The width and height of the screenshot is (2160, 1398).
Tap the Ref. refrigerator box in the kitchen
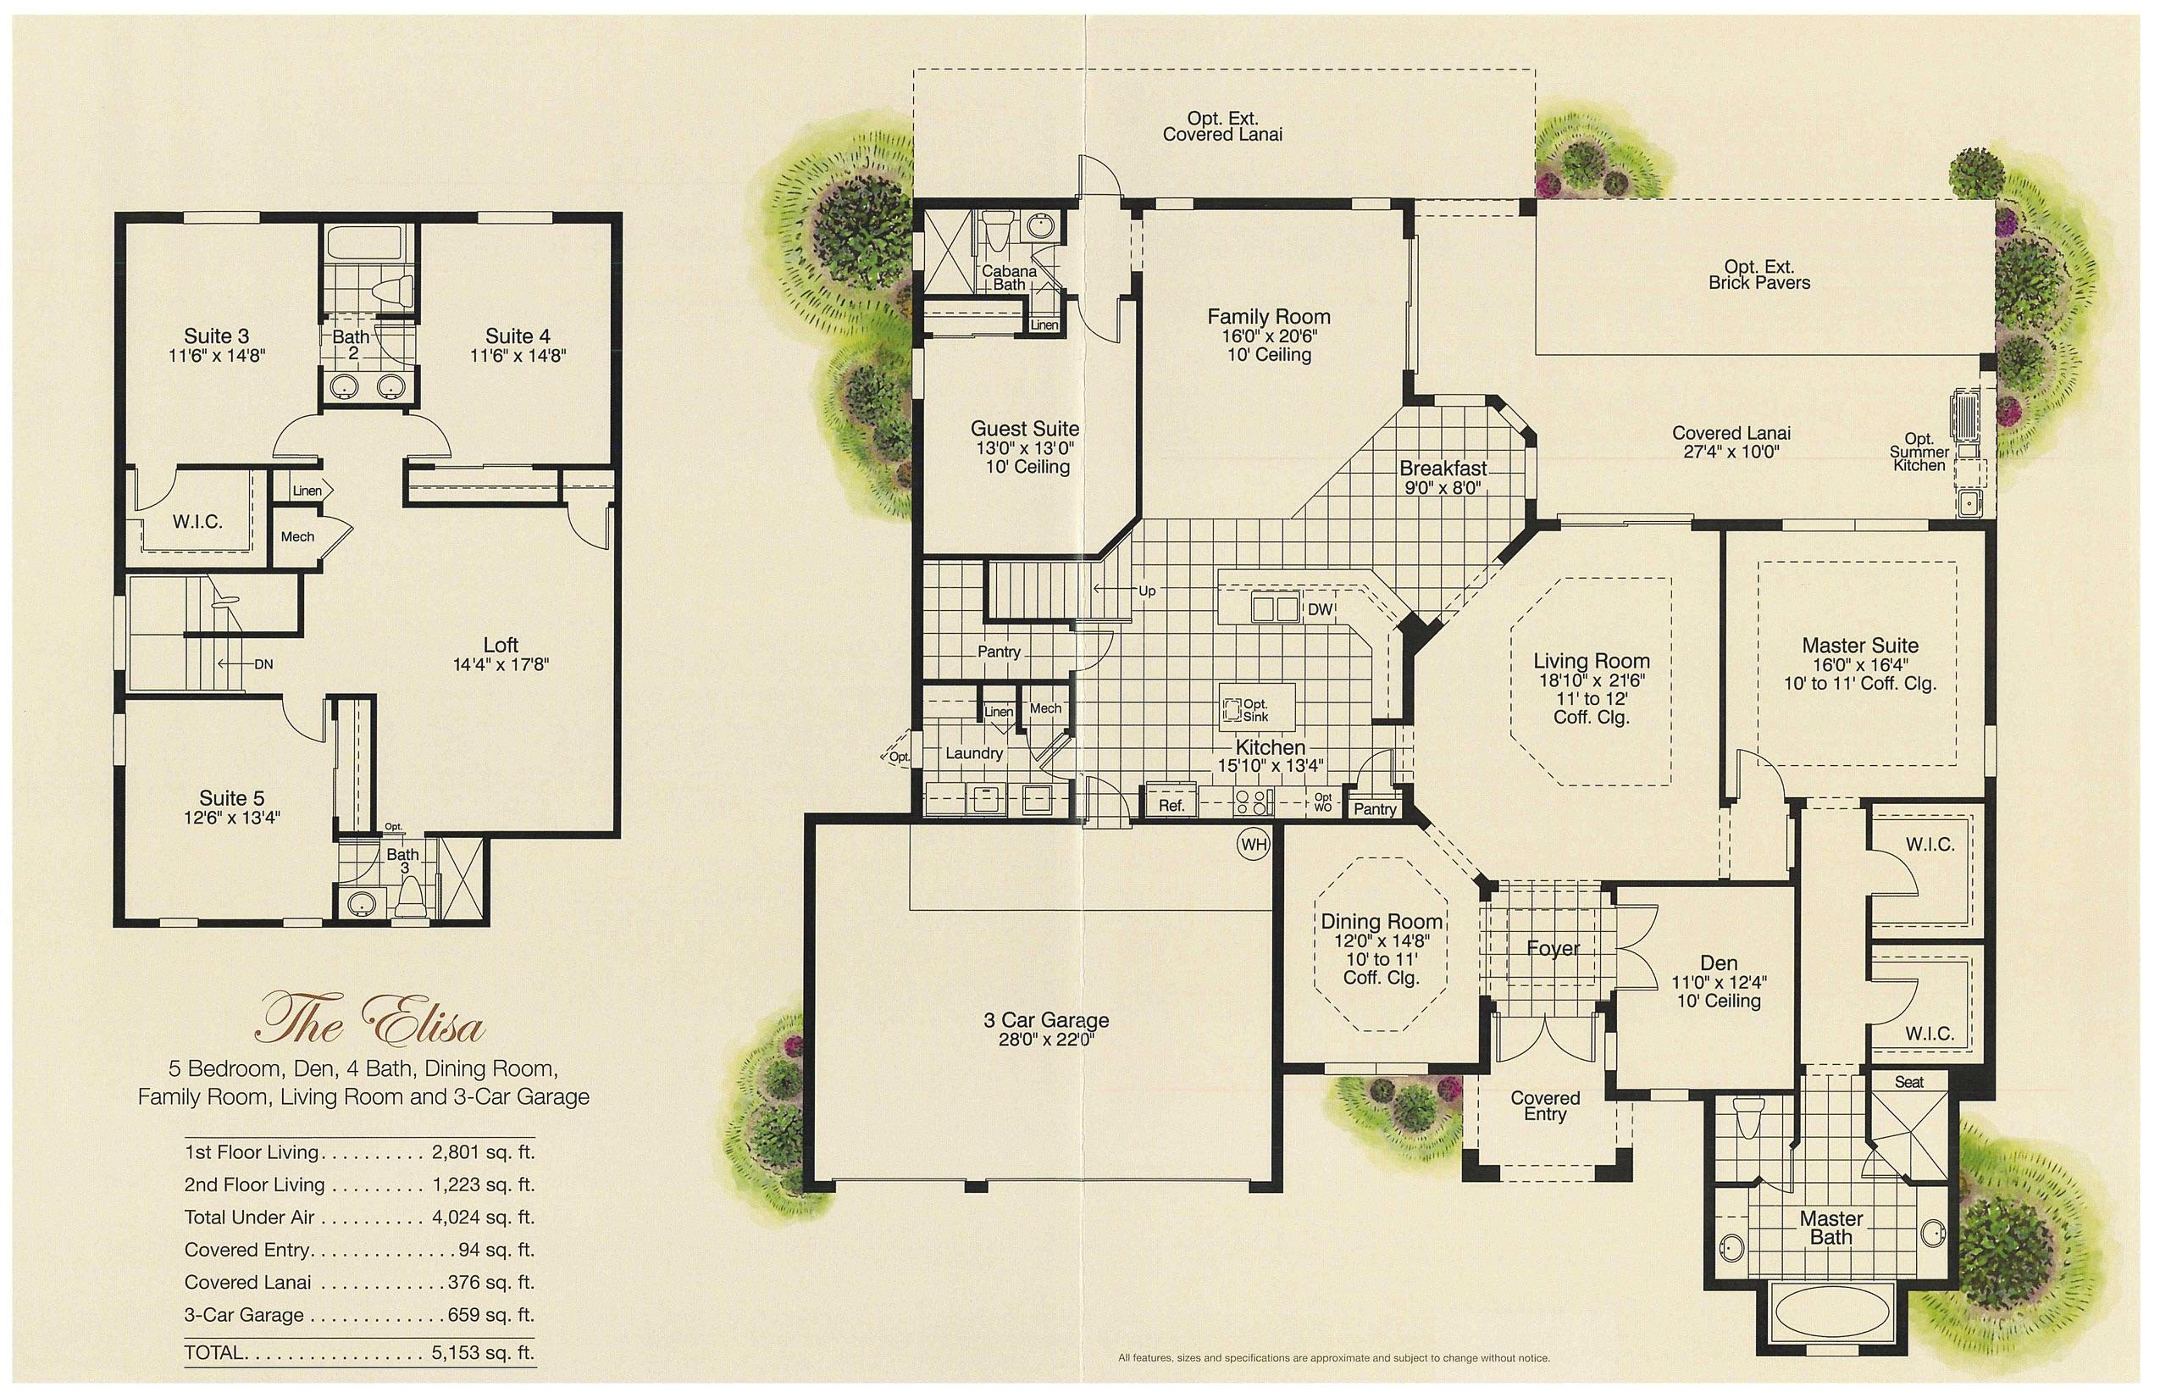pyautogui.click(x=1171, y=804)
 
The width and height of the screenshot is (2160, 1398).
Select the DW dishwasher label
pyautogui.click(x=1320, y=609)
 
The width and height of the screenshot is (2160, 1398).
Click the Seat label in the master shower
pyautogui.click(x=1908, y=1082)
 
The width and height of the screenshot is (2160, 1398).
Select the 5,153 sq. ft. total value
pyautogui.click(x=483, y=1351)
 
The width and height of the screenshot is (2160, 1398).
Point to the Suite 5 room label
pyautogui.click(x=231, y=798)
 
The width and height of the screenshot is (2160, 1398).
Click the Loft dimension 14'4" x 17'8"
pyautogui.click(x=501, y=664)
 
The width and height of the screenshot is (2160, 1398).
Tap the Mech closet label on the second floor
pyautogui.click(x=297, y=536)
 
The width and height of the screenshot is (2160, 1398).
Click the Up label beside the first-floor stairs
pyautogui.click(x=1147, y=591)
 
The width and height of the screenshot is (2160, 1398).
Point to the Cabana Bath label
pyautogui.click(x=1008, y=278)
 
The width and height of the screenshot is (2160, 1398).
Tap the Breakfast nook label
pyautogui.click(x=1443, y=469)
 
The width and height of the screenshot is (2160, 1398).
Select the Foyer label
pyautogui.click(x=1553, y=949)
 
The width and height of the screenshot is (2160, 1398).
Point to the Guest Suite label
pyautogui.click(x=1025, y=429)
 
